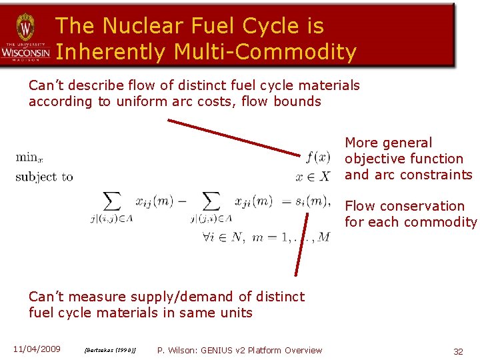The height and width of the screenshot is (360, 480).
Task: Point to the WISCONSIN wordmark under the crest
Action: pyautogui.click(x=25, y=52)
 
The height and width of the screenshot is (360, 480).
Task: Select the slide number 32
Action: pyautogui.click(x=458, y=351)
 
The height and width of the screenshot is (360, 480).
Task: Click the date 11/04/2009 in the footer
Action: pyautogui.click(x=37, y=349)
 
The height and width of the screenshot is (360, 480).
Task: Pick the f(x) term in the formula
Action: pyautogui.click(x=317, y=158)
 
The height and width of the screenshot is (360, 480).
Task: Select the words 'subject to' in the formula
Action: pyautogui.click(x=44, y=177)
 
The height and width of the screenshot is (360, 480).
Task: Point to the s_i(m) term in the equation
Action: pyautogui.click(x=311, y=201)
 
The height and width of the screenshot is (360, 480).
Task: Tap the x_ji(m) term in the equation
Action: pyautogui.click(x=253, y=201)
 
